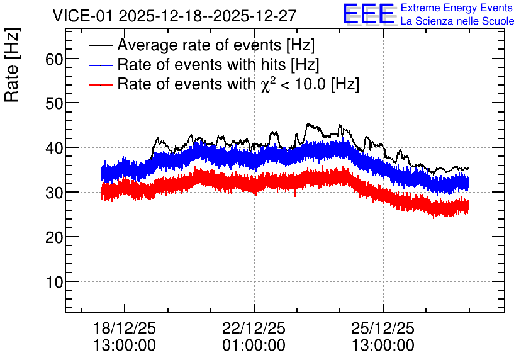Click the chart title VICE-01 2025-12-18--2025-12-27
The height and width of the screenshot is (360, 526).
click(174, 16)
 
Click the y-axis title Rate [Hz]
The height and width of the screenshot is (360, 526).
click(12, 65)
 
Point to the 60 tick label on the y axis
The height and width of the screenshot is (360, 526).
click(54, 59)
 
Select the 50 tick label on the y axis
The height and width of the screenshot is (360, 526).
click(54, 104)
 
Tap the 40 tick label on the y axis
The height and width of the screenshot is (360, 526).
click(54, 148)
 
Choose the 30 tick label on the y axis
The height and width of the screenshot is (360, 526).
click(54, 193)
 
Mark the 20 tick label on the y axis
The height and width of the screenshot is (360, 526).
click(54, 237)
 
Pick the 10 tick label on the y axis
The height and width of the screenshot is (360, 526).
click(54, 282)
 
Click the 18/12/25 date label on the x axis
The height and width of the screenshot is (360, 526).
click(125, 328)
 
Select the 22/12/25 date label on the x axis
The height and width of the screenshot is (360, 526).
click(254, 328)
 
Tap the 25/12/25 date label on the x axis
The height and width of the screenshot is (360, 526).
click(383, 328)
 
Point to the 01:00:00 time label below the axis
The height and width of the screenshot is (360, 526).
click(254, 346)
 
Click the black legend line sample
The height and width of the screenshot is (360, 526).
click(100, 45)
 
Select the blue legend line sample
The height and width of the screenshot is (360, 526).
click(100, 65)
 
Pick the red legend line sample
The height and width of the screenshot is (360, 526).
click(100, 84)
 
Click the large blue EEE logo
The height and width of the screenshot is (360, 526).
click(369, 14)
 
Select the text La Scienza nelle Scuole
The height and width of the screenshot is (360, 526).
click(457, 21)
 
